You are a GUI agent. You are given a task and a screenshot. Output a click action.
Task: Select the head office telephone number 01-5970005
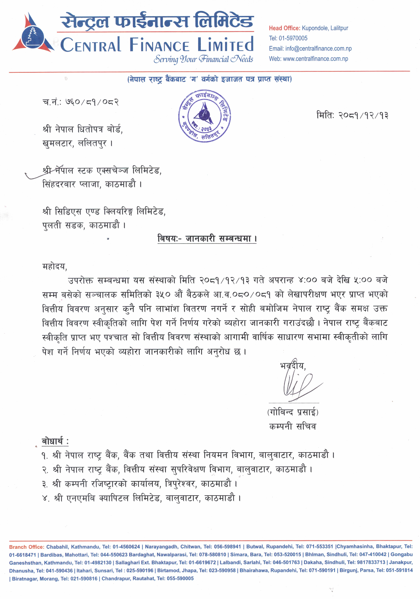(293, 38)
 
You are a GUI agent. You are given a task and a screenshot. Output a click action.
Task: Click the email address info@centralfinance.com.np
(318, 49)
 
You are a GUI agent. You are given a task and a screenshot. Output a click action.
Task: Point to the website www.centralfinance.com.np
(315, 59)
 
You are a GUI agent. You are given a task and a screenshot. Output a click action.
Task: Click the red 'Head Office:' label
(284, 28)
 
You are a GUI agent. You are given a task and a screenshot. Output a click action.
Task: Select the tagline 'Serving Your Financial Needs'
(203, 59)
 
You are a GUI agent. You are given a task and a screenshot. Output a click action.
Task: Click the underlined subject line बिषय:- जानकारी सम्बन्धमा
(207, 238)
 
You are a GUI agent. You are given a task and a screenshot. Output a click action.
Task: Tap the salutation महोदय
(55, 266)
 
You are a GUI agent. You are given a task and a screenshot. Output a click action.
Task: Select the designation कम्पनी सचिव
(292, 426)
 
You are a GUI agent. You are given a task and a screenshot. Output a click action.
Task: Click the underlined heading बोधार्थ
(55, 441)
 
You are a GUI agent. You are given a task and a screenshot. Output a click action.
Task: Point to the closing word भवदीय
(292, 366)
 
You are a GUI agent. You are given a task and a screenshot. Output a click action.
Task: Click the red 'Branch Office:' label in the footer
(26, 547)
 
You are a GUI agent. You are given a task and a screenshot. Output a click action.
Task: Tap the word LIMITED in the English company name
(225, 45)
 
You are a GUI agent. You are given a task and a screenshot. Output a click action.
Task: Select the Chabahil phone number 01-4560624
(126, 547)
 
